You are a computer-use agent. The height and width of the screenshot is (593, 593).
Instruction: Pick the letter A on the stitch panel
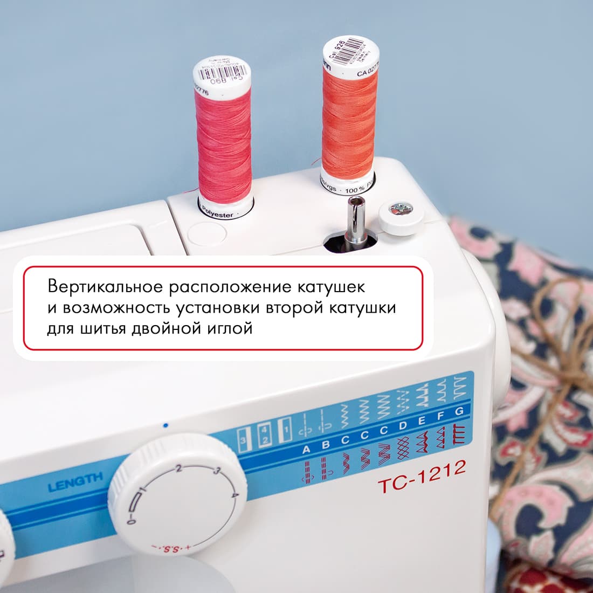pyautogui.click(x=307, y=449)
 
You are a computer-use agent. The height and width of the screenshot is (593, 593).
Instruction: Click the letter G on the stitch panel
pyautogui.click(x=459, y=411)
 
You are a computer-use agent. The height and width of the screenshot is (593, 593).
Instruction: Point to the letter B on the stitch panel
pyautogui.click(x=326, y=444)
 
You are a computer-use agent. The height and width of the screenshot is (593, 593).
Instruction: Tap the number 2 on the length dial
pyautogui.click(x=178, y=467)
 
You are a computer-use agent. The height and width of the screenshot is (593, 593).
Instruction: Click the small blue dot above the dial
pyautogui.click(x=166, y=425)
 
